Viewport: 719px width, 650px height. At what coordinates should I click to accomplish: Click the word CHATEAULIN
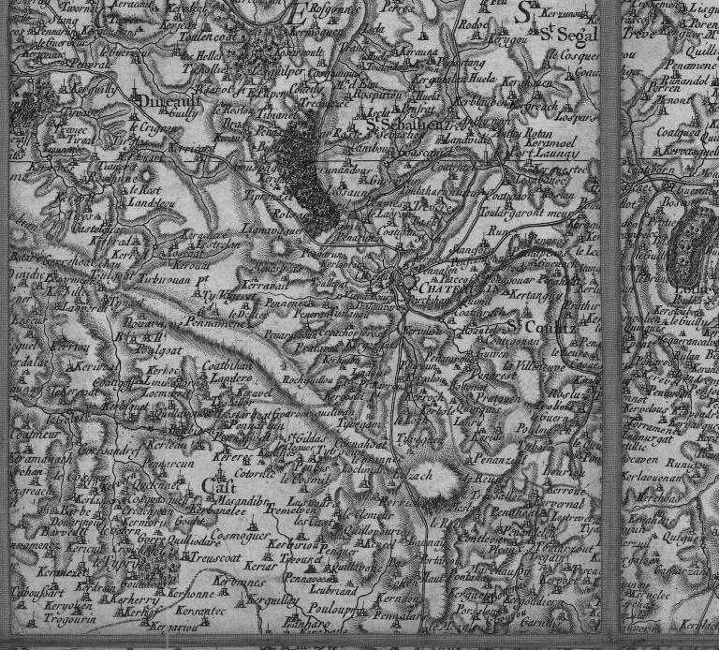click(447, 288)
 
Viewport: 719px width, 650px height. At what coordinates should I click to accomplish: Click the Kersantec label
click(201, 610)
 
